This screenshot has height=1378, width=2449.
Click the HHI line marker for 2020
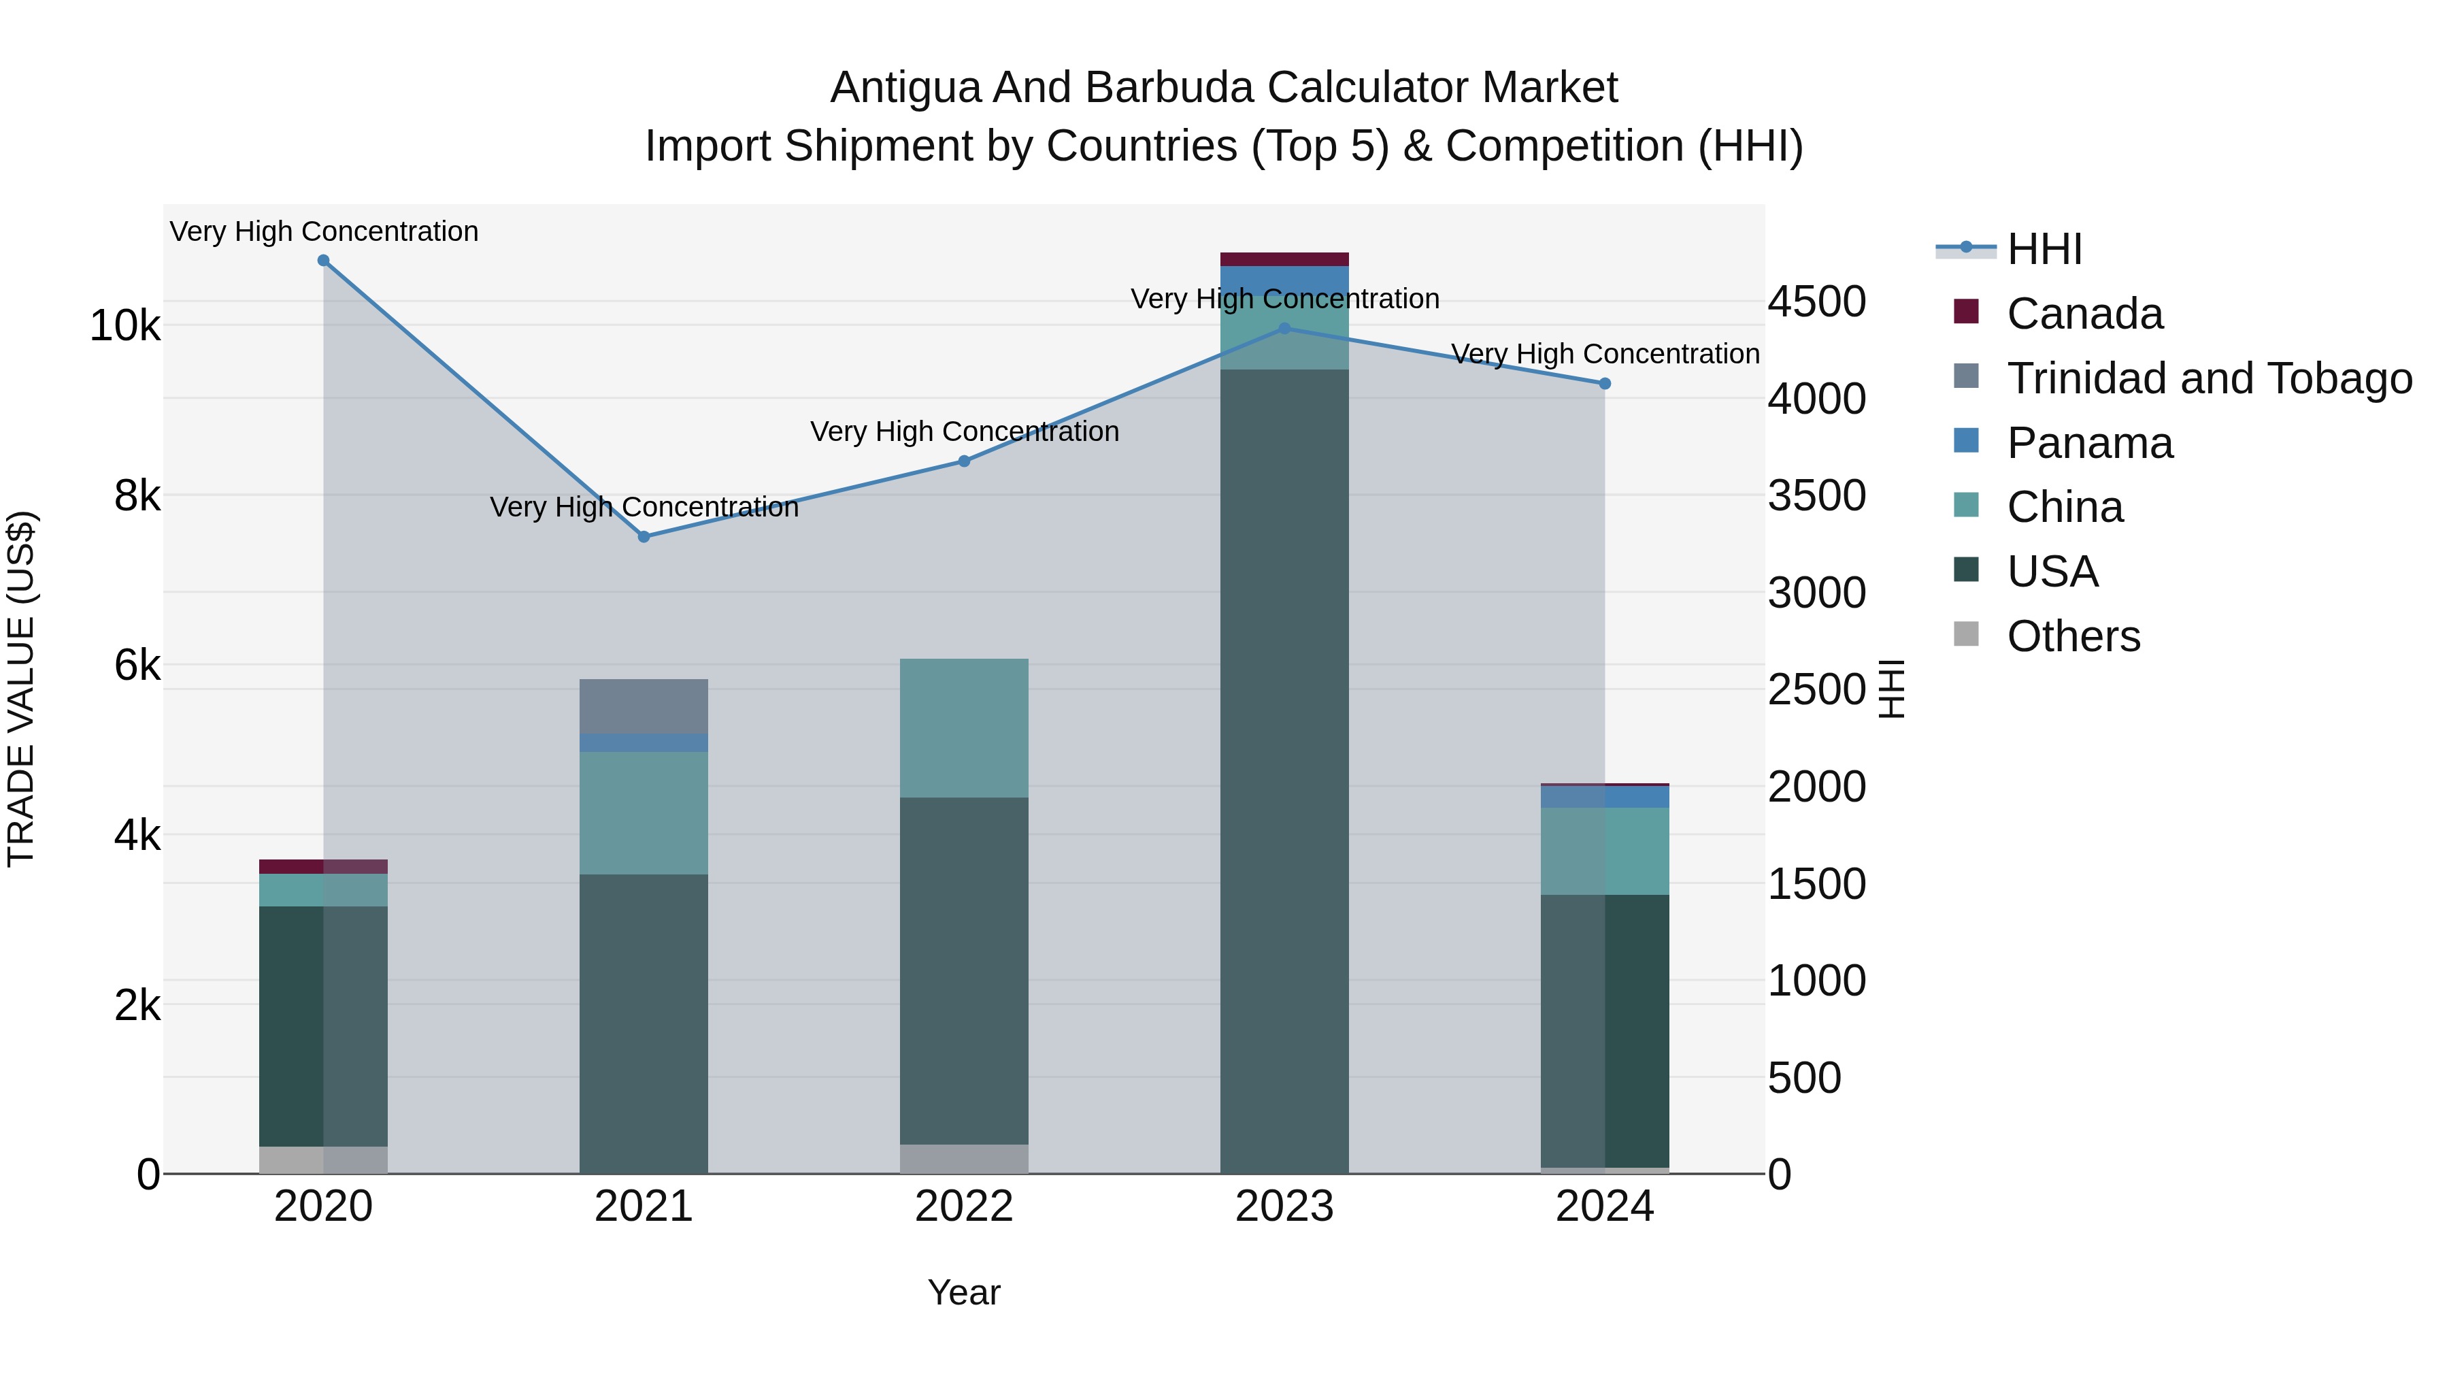pos(323,261)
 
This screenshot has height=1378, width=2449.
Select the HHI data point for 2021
pos(644,536)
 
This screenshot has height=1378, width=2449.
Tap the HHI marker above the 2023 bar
pos(1284,328)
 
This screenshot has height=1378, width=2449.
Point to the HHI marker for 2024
pos(1605,383)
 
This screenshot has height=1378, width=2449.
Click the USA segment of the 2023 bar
pos(1284,770)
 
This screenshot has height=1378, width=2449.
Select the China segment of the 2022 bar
pos(964,727)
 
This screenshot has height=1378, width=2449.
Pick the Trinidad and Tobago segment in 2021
pos(644,706)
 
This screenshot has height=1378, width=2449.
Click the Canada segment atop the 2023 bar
pos(1284,259)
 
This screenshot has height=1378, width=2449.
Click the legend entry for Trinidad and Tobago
pos(2208,378)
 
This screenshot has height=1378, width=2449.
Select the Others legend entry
pos(2073,636)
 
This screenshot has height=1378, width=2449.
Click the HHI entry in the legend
pos(2044,249)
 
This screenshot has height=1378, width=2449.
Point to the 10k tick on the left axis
pos(124,326)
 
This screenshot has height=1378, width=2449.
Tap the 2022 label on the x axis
pos(964,1207)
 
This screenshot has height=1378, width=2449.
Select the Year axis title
pos(964,1292)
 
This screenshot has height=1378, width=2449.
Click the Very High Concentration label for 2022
pos(964,431)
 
